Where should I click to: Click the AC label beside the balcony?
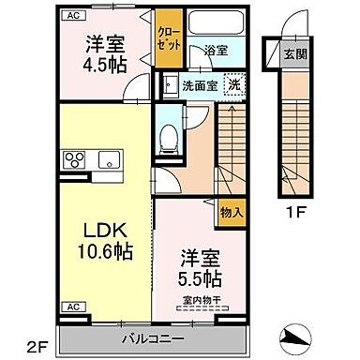click(x=71, y=307)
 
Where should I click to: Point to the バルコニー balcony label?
click(x=154, y=337)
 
